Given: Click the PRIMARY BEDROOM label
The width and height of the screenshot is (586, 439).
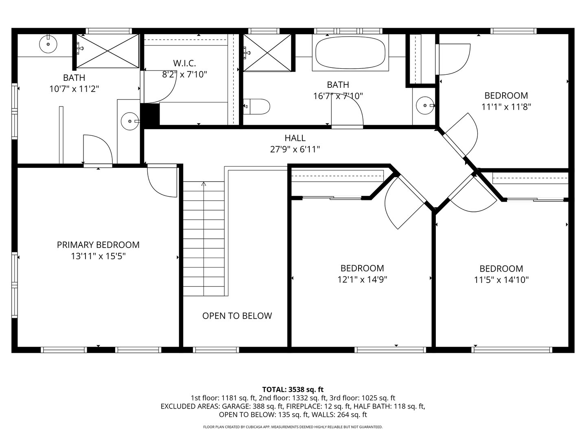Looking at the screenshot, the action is tap(98, 245).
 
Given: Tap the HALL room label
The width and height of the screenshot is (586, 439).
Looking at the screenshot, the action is tap(295, 138).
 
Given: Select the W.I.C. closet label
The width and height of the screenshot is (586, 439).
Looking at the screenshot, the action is tap(184, 63).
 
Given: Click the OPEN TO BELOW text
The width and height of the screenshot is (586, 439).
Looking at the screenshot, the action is tap(237, 315).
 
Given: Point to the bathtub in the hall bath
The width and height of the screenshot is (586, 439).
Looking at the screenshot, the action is tap(350, 53).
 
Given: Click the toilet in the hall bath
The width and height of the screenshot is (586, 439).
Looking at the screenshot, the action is tap(256, 106).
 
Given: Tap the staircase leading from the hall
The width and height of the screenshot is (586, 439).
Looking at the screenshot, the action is tap(203, 239).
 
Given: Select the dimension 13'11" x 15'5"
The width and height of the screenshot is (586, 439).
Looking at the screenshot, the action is tap(98, 256).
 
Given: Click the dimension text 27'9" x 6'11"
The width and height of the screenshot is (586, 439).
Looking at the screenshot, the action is tap(295, 149).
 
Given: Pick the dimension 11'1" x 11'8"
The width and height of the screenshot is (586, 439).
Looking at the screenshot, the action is tap(506, 107).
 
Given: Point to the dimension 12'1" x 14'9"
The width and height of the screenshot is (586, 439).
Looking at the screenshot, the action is tap(362, 279).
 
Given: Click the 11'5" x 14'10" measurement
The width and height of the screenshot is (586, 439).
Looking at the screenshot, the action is tap(501, 280).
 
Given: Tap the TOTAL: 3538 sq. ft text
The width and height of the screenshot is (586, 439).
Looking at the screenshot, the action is tap(293, 389).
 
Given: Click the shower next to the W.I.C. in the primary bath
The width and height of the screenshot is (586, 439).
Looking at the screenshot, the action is tap(108, 51).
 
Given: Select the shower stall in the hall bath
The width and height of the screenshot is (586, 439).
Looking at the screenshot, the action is tap(267, 53).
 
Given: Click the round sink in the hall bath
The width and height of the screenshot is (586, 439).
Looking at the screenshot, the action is tap(425, 106).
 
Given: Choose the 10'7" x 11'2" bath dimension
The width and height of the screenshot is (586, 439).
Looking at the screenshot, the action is tap(74, 89).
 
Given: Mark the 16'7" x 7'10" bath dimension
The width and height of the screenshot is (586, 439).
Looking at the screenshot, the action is tap(338, 96).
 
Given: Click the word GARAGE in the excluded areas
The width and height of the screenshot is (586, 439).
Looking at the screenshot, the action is tap(236, 406).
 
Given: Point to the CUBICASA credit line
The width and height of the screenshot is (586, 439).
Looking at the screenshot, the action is tap(293, 427).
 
